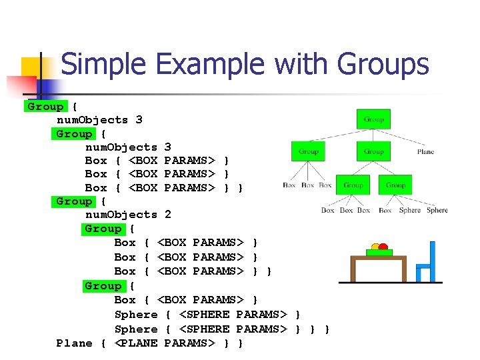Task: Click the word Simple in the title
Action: click(x=101, y=65)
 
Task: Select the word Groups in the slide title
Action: click(x=383, y=65)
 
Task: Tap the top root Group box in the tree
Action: click(x=373, y=119)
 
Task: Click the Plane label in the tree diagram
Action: click(x=425, y=152)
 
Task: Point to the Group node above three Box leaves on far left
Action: click(x=308, y=151)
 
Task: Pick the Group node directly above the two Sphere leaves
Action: click(x=395, y=185)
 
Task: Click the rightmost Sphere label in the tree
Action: click(x=437, y=210)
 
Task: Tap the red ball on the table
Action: click(x=383, y=247)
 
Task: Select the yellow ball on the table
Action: click(x=376, y=247)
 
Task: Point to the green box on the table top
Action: click(x=379, y=253)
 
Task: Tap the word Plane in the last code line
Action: click(x=75, y=343)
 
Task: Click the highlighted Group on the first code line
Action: click(x=45, y=107)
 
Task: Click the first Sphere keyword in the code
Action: click(x=136, y=315)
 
